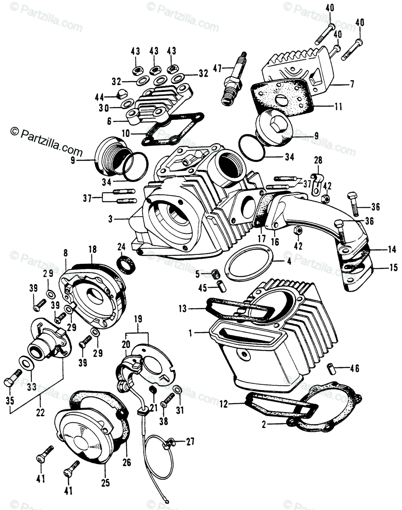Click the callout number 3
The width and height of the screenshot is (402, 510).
click(x=110, y=219)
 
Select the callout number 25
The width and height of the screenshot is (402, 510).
click(x=105, y=483)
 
